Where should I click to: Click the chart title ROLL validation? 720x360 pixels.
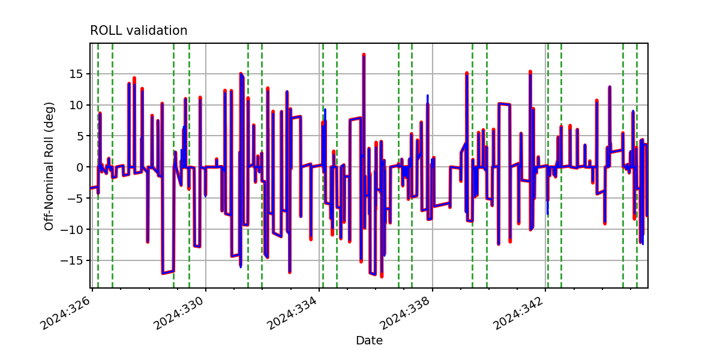139,31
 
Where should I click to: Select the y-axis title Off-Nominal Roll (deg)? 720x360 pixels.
49,166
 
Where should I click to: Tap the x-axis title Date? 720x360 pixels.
369,340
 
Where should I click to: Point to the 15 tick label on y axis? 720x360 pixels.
76,74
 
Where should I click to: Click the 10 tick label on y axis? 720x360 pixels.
76,105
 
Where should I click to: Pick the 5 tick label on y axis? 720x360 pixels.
79,136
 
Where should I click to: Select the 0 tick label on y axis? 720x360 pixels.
79,167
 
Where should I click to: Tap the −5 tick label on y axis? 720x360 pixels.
75,199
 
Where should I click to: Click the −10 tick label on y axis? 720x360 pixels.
71,229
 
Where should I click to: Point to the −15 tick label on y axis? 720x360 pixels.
71,260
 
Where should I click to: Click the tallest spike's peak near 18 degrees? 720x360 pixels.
364,55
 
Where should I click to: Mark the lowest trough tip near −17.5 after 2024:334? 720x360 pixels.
382,276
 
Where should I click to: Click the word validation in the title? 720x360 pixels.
157,31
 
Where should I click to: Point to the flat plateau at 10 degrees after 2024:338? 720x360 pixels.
504,104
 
